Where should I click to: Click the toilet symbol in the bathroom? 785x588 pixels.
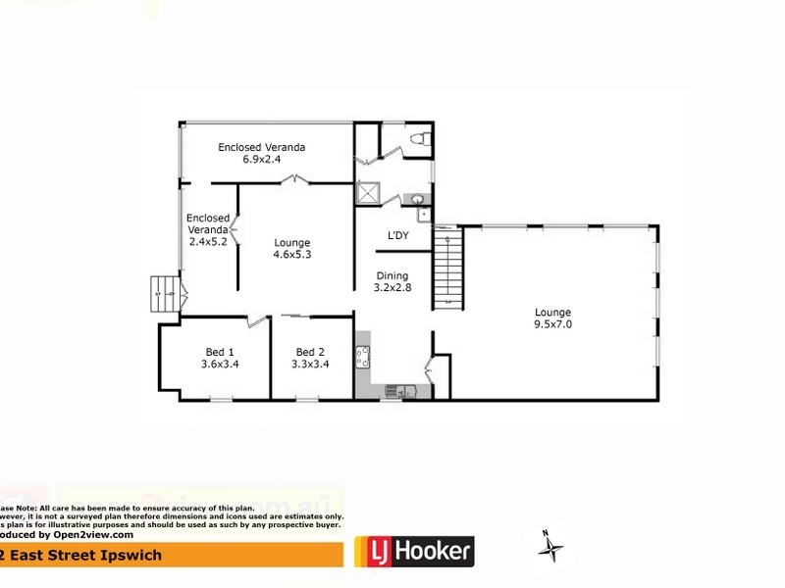(x=419, y=140)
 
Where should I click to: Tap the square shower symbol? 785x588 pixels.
(x=369, y=193)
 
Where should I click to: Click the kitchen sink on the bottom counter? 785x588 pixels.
(x=397, y=392)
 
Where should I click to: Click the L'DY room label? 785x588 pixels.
(x=397, y=235)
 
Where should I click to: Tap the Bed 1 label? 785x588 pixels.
(x=220, y=352)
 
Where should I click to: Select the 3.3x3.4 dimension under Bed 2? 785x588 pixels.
(x=310, y=365)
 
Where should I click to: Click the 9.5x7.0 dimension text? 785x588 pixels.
(x=553, y=325)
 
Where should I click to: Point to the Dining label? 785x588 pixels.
(x=391, y=276)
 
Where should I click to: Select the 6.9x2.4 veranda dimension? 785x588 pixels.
(x=261, y=159)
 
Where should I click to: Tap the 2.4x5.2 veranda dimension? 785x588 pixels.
(x=208, y=241)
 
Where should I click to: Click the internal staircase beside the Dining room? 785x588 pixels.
(x=447, y=268)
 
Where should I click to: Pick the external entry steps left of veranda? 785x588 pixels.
(x=163, y=293)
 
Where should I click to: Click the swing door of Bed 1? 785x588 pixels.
(x=257, y=320)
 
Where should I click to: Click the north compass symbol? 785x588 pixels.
(x=553, y=542)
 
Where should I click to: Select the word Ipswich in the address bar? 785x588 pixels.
(x=107, y=556)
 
